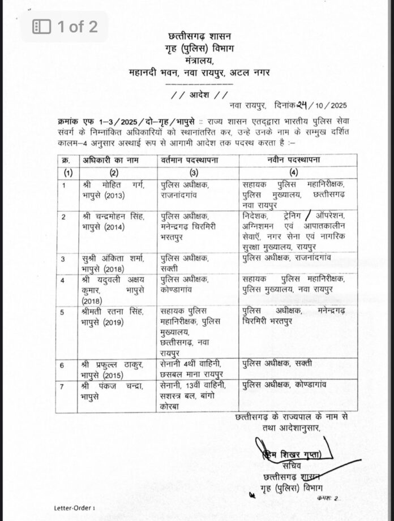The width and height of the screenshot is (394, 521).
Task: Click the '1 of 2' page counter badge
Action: (65, 27)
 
